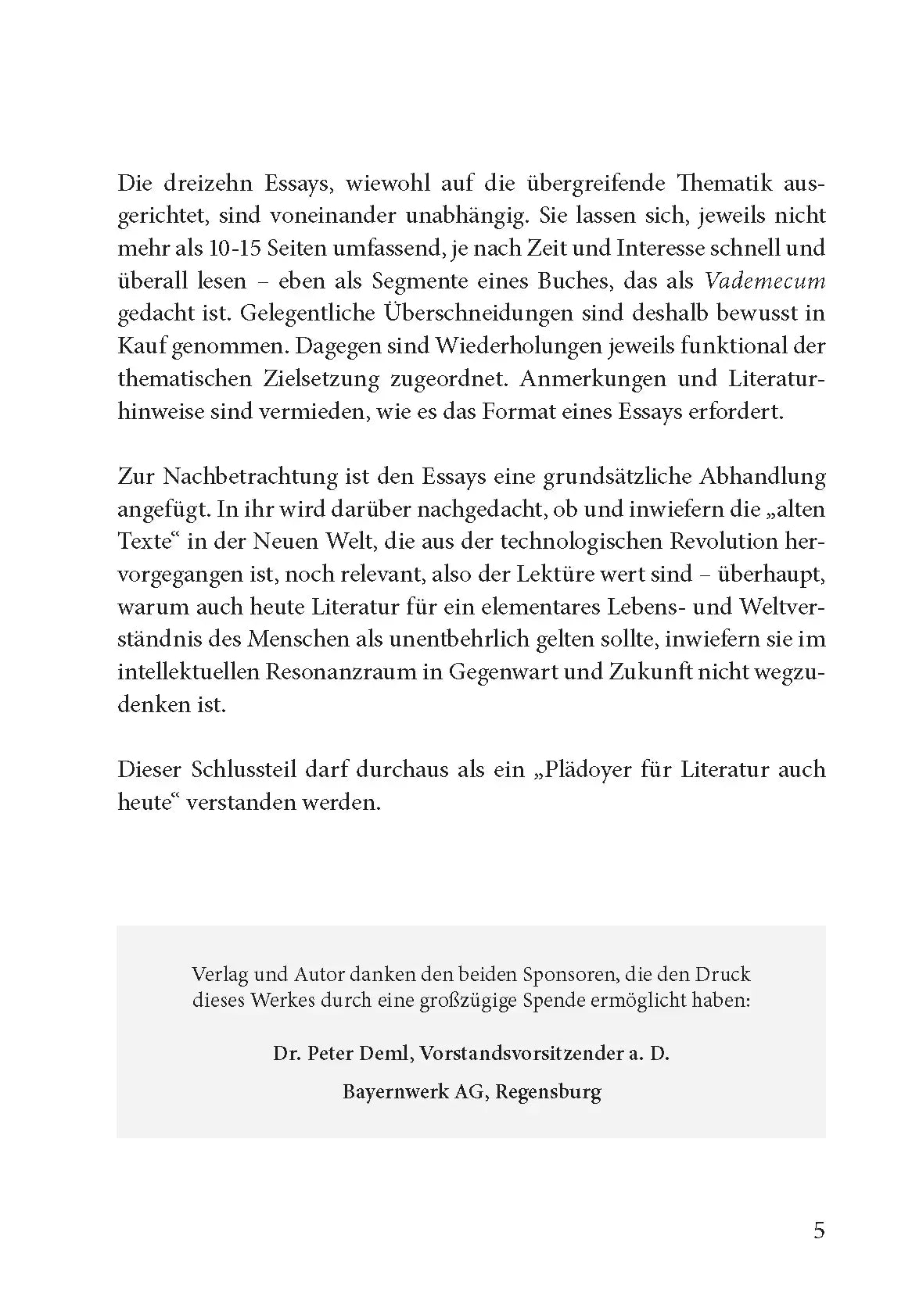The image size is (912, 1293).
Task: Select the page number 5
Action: click(x=819, y=1231)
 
